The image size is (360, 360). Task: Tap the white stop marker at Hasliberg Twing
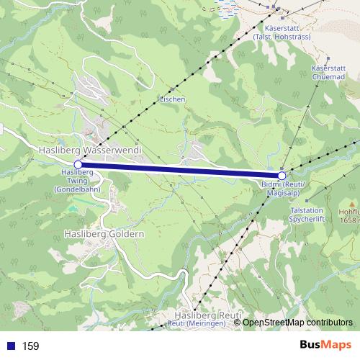point(78,164)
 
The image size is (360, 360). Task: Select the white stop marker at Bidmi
point(282,175)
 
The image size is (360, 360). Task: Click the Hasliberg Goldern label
point(104,234)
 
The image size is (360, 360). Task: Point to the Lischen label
point(173,99)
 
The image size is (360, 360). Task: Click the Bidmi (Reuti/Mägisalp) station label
point(284,189)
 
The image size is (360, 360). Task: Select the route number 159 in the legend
point(30,346)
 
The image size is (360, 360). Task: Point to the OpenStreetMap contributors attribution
point(297,323)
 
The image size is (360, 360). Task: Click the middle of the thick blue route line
point(180,170)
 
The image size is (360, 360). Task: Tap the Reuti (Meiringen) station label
point(197,324)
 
